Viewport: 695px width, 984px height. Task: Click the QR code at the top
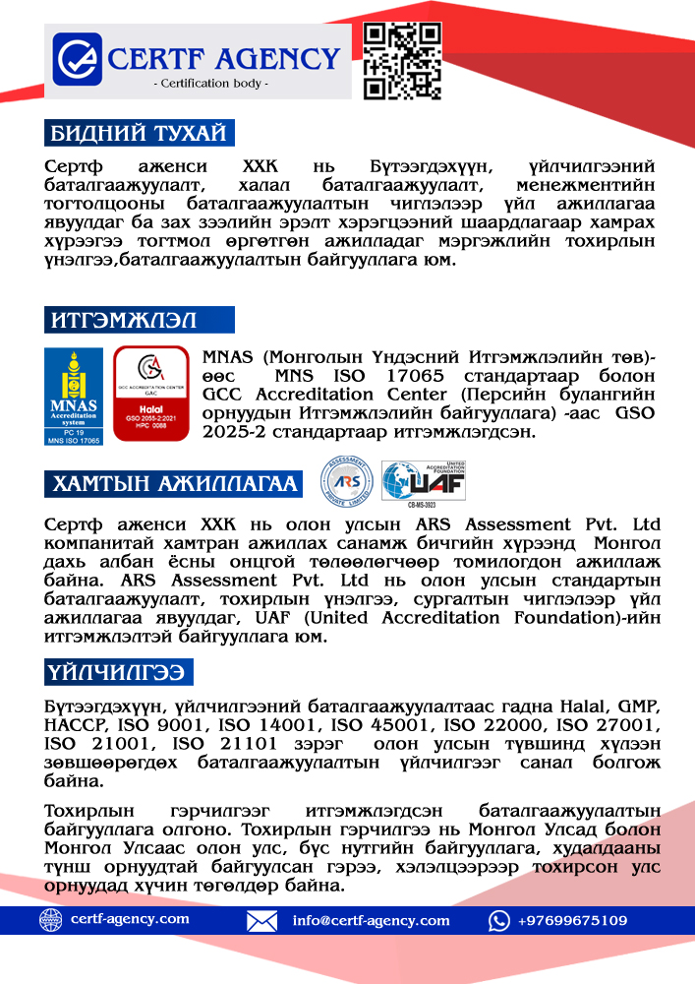click(x=401, y=60)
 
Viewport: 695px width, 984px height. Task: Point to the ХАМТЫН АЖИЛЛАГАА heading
click(x=173, y=483)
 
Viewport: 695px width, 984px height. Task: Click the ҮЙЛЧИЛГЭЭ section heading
click(x=118, y=672)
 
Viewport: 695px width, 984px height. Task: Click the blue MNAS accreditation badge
click(x=75, y=396)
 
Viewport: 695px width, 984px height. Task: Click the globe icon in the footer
click(x=50, y=920)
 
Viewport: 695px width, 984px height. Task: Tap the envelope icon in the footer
click(x=261, y=921)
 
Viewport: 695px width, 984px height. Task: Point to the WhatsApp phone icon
click(x=499, y=921)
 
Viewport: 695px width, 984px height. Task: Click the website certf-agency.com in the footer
click(x=130, y=920)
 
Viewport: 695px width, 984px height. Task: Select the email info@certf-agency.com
click(x=371, y=921)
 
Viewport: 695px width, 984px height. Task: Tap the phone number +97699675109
click(x=572, y=921)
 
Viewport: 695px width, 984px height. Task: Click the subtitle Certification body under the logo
click(x=211, y=84)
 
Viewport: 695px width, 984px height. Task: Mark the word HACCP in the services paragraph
click(x=73, y=725)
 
